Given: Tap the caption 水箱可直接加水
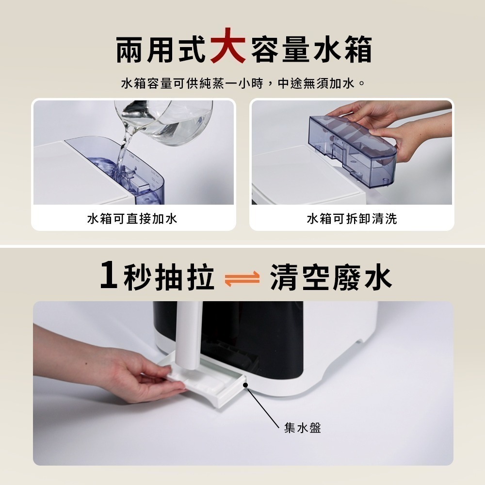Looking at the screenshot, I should click(132, 219).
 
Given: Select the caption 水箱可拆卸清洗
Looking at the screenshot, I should click(352, 219).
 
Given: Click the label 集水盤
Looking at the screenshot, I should click(303, 428).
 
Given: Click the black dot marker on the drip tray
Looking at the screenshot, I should click(246, 385).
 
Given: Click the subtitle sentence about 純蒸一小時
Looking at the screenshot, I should click(242, 84).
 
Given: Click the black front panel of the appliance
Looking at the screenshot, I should click(272, 335).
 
